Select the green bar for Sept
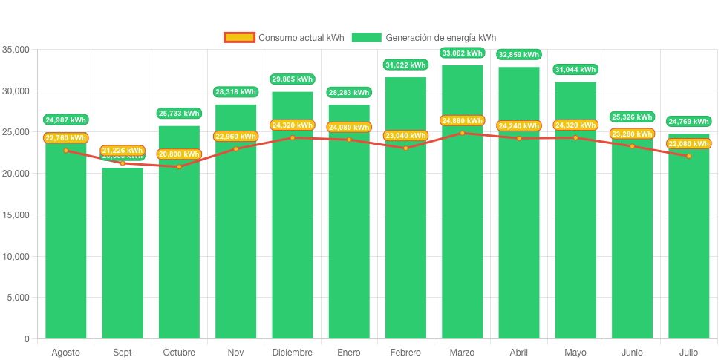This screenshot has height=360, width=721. [x=123, y=252]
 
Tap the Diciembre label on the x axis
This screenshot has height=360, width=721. [x=292, y=352]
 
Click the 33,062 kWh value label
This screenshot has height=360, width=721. [x=462, y=53]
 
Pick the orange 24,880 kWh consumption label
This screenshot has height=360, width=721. [x=462, y=120]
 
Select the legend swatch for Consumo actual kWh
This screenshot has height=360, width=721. [x=239, y=38]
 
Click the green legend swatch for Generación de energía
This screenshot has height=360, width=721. [x=366, y=38]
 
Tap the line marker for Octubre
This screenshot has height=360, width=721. [x=179, y=166]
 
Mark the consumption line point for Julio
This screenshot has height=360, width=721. [x=688, y=156]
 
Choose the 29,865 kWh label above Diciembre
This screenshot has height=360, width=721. [x=292, y=79]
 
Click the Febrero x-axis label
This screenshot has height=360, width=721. [x=405, y=352]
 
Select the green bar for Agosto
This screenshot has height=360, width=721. [x=65, y=245]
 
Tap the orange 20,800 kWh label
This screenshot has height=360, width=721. [x=179, y=154]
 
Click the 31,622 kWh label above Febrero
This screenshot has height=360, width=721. [x=405, y=65]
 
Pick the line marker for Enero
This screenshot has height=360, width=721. [x=349, y=140]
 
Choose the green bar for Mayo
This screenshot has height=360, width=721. [x=575, y=223]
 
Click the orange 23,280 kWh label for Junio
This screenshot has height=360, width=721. [x=632, y=134]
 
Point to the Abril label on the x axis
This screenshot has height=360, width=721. [x=518, y=352]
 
